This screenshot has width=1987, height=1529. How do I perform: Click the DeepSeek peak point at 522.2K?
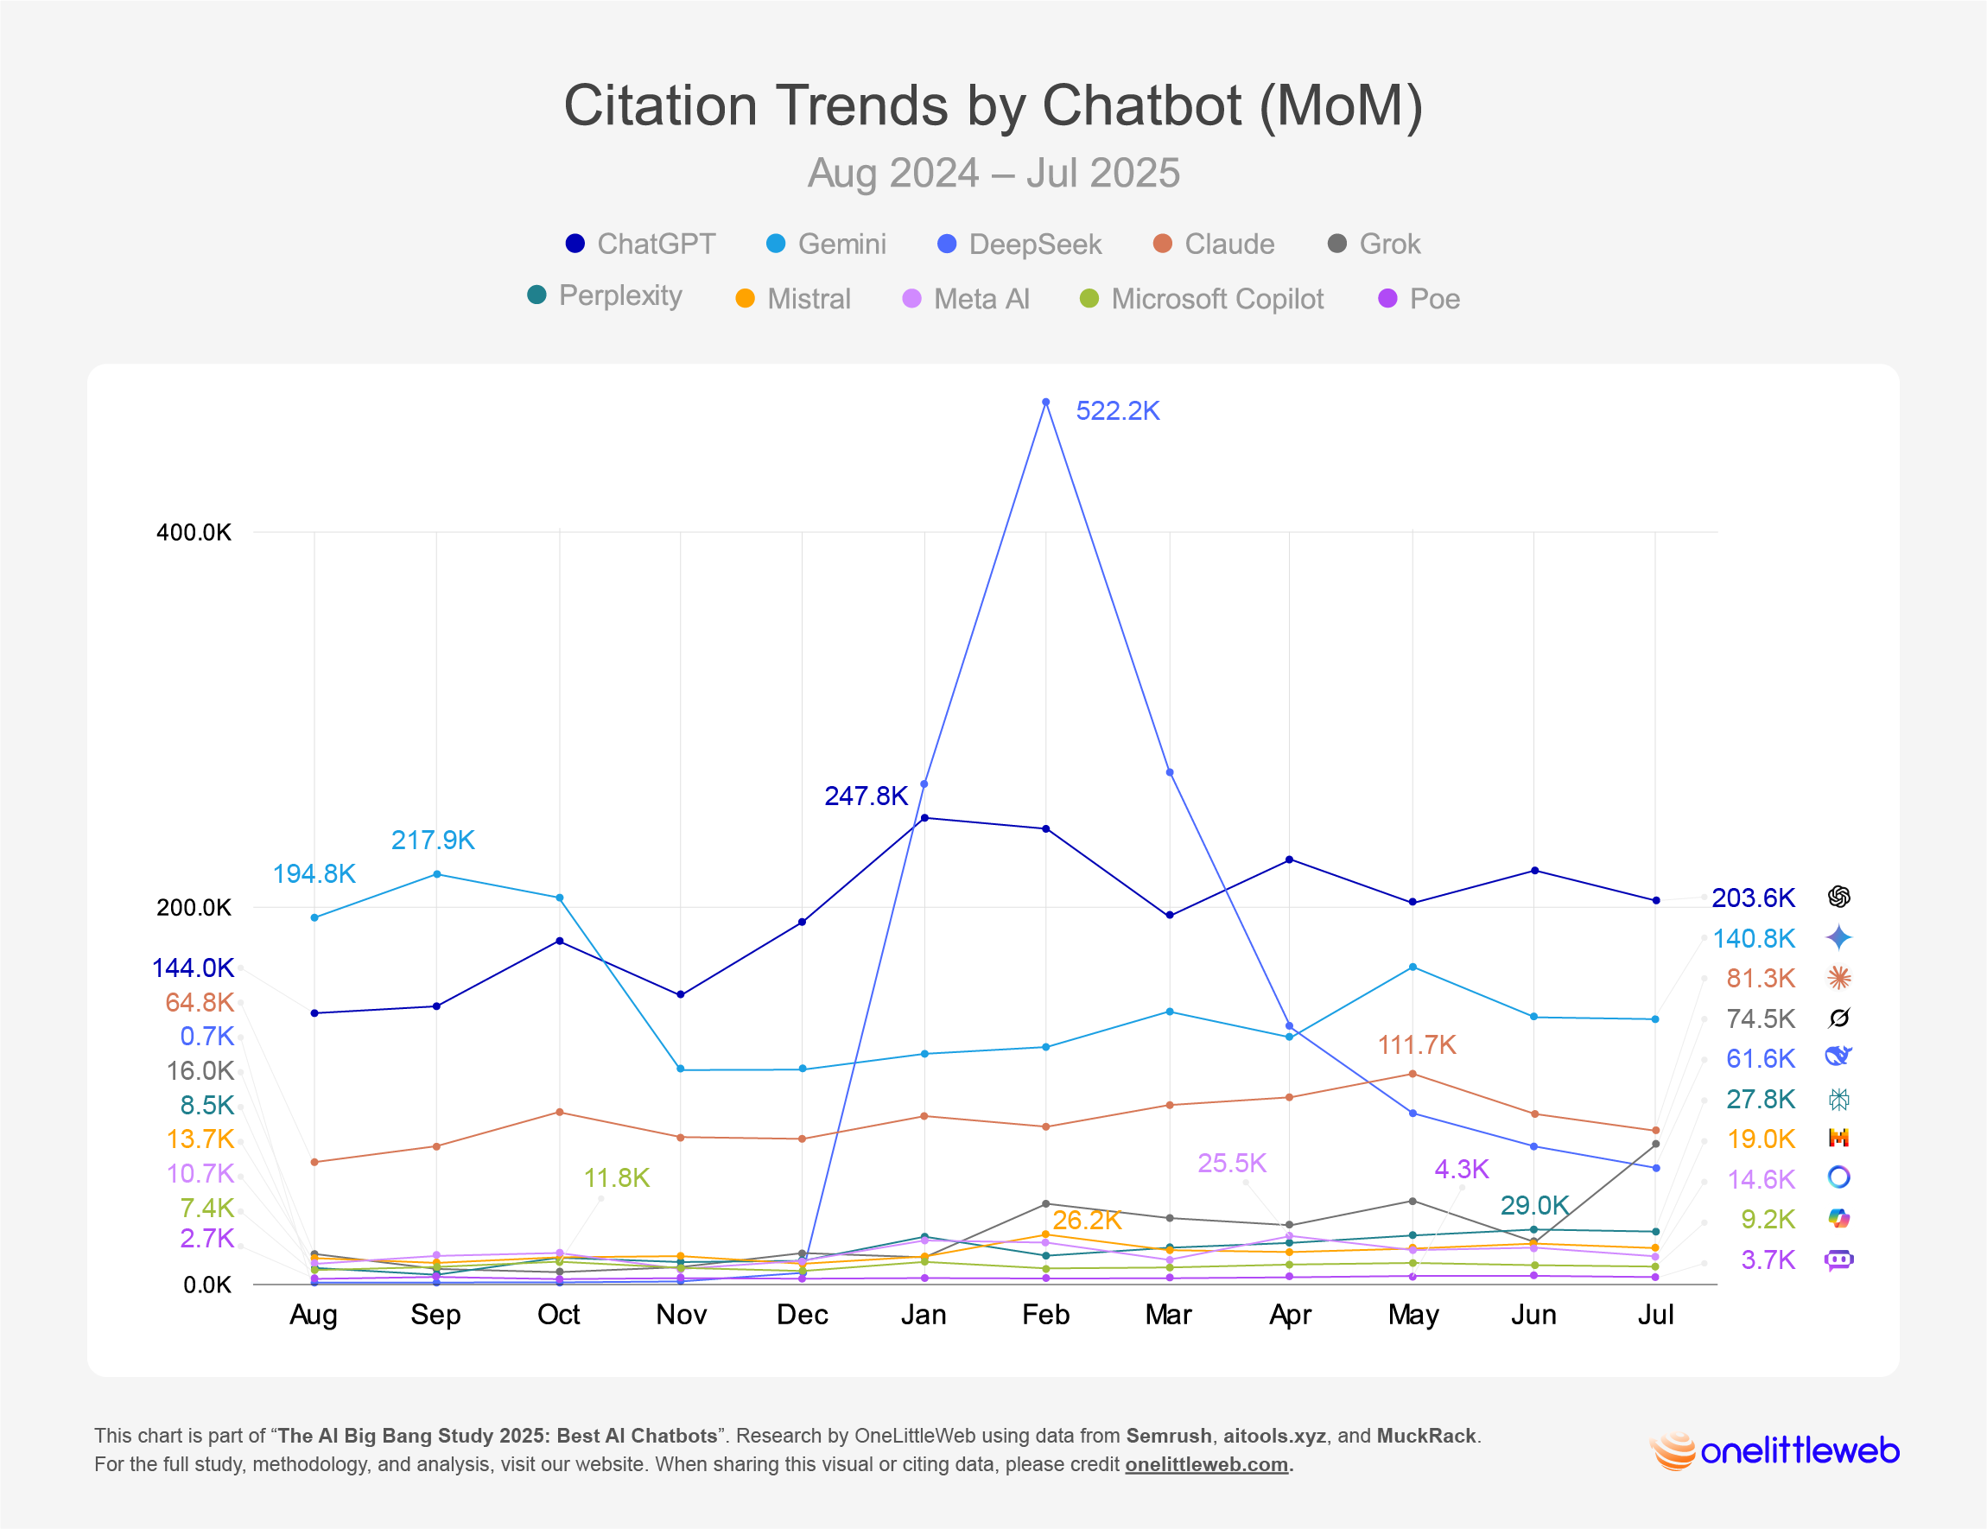coord(1045,402)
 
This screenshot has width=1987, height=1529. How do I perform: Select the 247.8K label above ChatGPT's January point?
coord(866,796)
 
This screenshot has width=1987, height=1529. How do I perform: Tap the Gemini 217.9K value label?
coord(432,840)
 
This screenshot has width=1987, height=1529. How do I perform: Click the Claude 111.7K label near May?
coord(1417,1045)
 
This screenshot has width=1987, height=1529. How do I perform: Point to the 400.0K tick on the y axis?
coord(194,532)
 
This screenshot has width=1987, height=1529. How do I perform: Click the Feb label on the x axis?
coord(1045,1315)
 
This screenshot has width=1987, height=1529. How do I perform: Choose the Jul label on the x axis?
coord(1655,1315)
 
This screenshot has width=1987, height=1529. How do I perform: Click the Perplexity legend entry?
coord(605,295)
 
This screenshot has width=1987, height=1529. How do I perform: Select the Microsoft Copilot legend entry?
coord(1201,299)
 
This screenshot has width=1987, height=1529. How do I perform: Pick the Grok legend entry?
coord(1374,244)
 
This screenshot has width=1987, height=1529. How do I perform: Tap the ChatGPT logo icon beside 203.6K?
coord(1838,897)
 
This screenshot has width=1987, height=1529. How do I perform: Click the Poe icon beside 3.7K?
coord(1838,1259)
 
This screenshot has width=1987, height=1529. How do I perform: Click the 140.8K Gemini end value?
coord(1753,938)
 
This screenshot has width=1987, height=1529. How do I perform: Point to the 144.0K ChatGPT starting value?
coord(193,968)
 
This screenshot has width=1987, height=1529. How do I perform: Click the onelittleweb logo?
coord(1774,1450)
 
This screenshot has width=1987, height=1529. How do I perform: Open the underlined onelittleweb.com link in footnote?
coord(1205,1464)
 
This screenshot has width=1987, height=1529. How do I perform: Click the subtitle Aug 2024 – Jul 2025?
coord(994,173)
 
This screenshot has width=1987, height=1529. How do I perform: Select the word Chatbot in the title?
coord(1141,105)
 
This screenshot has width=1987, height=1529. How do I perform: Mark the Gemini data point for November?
coord(681,1069)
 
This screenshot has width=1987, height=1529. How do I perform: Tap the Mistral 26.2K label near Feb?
coord(1086,1220)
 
